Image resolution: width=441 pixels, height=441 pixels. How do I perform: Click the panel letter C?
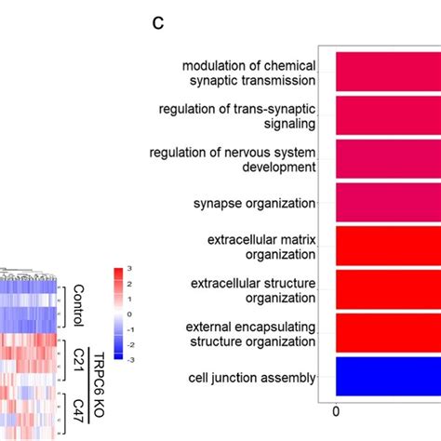pos(158,23)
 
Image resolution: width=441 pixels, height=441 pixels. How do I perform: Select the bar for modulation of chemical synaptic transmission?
pos(386,71)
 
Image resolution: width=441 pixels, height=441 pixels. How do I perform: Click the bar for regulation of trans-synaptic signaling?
pos(386,114)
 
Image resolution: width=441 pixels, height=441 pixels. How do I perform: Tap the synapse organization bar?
pos(386,202)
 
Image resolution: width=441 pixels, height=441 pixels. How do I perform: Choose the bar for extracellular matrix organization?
pos(386,247)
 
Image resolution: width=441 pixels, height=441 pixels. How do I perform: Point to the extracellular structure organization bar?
pos(386,290)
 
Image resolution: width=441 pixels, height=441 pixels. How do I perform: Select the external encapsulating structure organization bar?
pos(386,334)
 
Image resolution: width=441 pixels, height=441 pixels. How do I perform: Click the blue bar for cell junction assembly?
pos(386,378)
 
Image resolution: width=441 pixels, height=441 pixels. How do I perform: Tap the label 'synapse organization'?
pos(254,203)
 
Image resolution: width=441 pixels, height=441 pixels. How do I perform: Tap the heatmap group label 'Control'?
pos(78,306)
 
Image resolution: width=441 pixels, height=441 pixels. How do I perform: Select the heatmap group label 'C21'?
pos(78,357)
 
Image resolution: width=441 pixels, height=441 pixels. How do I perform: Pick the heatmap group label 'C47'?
pos(78,409)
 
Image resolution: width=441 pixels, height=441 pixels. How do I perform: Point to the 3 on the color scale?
pos(131,271)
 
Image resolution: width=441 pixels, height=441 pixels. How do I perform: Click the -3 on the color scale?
pos(131,359)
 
